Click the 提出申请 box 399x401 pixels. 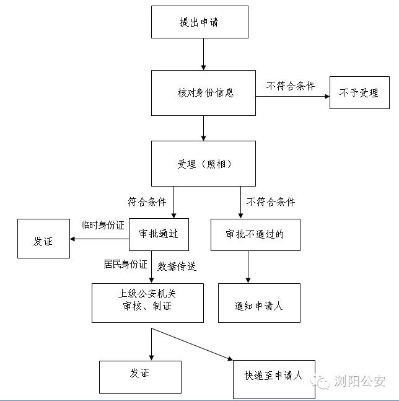[x=199, y=22]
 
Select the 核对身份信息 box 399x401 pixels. [x=203, y=93]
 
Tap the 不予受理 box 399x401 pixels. [x=359, y=93]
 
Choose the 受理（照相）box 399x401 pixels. [x=203, y=164]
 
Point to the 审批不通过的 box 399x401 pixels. [x=255, y=234]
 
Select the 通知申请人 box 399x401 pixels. [x=259, y=303]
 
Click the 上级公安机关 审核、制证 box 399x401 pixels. [x=147, y=303]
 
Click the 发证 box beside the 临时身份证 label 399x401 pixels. [x=43, y=239]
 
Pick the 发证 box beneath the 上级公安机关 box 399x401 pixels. [x=139, y=376]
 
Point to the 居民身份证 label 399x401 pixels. [x=125, y=264]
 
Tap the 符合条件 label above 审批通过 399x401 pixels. [x=147, y=201]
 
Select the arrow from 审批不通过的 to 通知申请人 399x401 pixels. [x=248, y=267]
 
